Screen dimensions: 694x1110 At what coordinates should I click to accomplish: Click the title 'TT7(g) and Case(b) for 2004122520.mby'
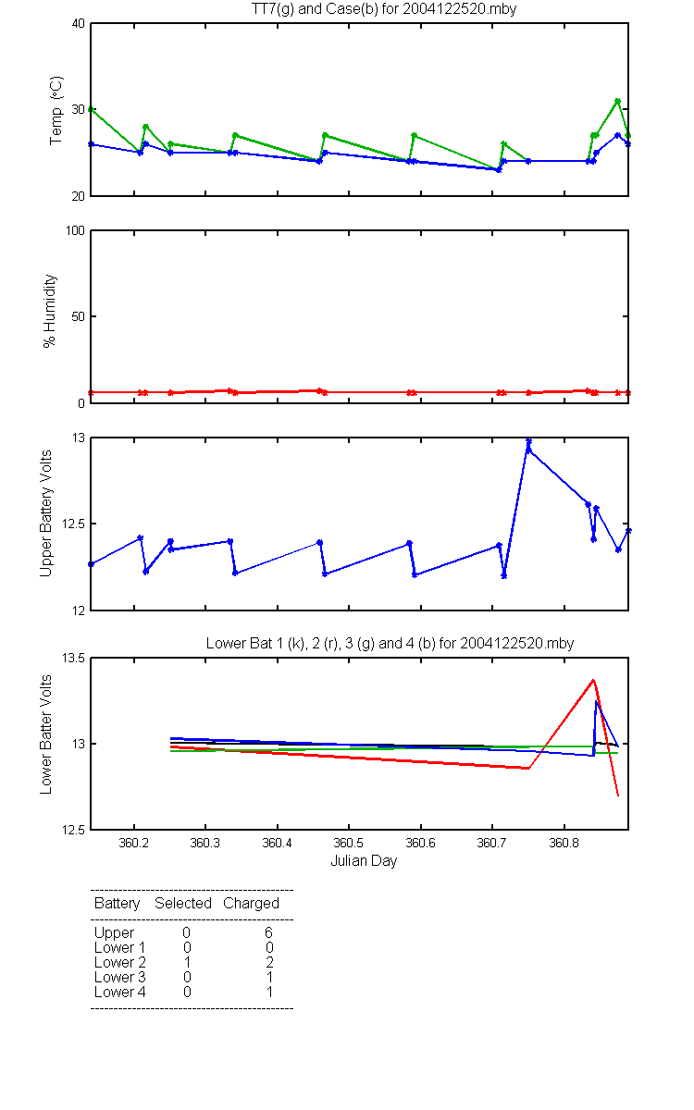(x=384, y=9)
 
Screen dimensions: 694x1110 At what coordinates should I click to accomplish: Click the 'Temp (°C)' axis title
(x=56, y=110)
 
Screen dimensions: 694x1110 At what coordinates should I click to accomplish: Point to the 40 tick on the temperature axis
(x=79, y=24)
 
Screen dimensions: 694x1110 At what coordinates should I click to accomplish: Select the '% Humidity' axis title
(x=50, y=311)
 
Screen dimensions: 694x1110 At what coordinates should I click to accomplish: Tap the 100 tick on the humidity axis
(x=75, y=230)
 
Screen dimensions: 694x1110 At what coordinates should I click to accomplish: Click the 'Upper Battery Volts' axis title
(x=45, y=513)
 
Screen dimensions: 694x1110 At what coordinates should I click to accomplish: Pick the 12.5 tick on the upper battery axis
(x=73, y=524)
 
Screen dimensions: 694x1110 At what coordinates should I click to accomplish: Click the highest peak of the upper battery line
(x=529, y=440)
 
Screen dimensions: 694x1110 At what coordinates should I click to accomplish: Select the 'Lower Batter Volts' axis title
(x=45, y=734)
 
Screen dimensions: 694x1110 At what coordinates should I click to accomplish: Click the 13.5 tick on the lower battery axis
(x=73, y=658)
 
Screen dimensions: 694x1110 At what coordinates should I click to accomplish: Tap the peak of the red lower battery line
(x=593, y=680)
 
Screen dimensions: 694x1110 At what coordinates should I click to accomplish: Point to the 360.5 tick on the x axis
(x=349, y=843)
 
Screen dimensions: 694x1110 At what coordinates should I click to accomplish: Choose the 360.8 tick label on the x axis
(x=564, y=843)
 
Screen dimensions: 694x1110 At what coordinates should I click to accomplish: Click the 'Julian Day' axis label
(x=364, y=861)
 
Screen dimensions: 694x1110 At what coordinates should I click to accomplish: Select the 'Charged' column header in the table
(x=251, y=904)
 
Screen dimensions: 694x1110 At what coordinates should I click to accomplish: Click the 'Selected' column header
(x=183, y=904)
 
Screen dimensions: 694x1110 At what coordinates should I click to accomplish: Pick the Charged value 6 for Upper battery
(x=268, y=932)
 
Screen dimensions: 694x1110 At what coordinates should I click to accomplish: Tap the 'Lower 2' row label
(x=120, y=962)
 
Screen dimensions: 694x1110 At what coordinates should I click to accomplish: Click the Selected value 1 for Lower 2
(x=187, y=962)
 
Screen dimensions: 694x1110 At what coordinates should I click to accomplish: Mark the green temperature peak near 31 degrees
(x=618, y=101)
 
